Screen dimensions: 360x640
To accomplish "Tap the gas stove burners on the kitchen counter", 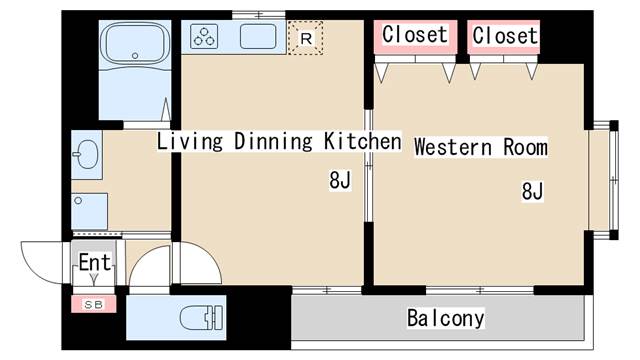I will (x=205, y=38).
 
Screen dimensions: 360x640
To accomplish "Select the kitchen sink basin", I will (x=262, y=38).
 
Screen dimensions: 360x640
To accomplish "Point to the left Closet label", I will (x=415, y=35).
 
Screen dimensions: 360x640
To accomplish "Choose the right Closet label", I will (x=505, y=36).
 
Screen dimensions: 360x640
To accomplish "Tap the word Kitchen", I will (x=361, y=142).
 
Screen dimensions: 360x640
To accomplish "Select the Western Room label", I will (x=481, y=147).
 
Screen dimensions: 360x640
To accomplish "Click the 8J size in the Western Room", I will (x=531, y=191).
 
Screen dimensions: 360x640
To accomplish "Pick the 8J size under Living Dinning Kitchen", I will (x=340, y=181).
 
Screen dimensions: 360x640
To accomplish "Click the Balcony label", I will (x=445, y=319).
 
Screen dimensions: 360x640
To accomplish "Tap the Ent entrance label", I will (x=94, y=263).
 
